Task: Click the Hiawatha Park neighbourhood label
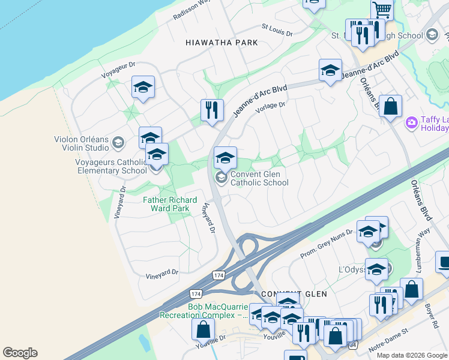point(222,43)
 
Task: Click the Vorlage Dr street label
point(270,106)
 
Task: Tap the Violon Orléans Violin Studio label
point(82,143)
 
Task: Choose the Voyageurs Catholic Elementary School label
point(110,166)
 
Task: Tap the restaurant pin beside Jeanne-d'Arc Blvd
point(211,110)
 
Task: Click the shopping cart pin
point(382,10)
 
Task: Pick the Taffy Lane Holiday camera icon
point(411,123)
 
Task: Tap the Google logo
point(20,353)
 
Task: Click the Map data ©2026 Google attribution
point(411,355)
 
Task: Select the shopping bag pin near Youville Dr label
point(203,330)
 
